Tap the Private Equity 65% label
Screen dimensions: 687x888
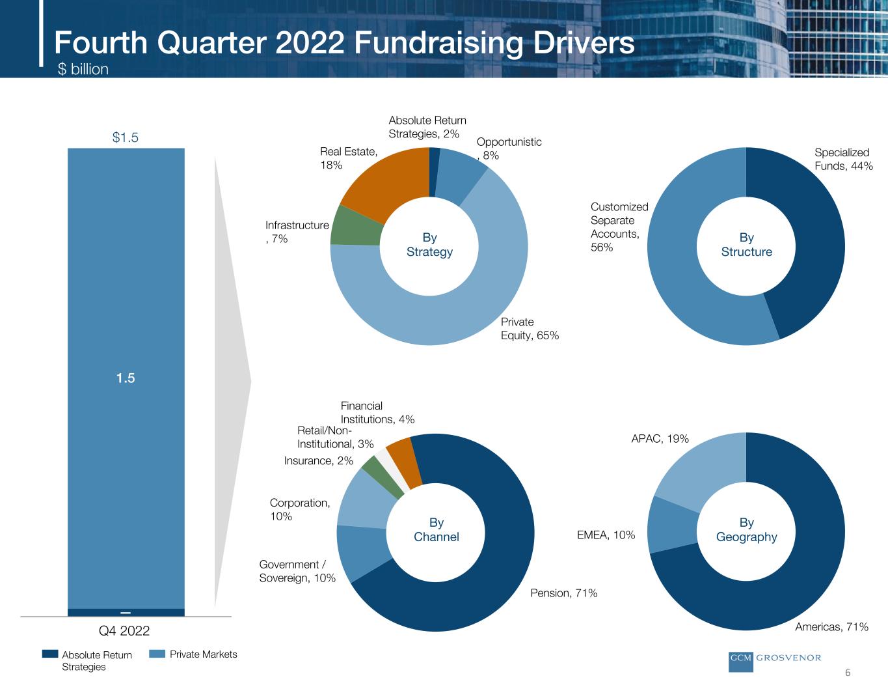click(x=530, y=329)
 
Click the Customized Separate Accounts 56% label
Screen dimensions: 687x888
click(x=619, y=227)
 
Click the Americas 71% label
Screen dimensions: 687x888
click(x=831, y=627)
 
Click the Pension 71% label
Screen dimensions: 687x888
click(x=563, y=593)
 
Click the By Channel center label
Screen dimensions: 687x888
click(x=436, y=530)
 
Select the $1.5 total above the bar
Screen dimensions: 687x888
click(x=126, y=137)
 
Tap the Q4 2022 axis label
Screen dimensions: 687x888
click(x=124, y=631)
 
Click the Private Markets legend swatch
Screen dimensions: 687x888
click(x=157, y=654)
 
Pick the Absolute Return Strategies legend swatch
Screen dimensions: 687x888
click(x=49, y=654)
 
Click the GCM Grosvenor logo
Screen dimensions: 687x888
click(x=774, y=658)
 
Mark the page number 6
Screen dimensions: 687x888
click(x=848, y=673)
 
